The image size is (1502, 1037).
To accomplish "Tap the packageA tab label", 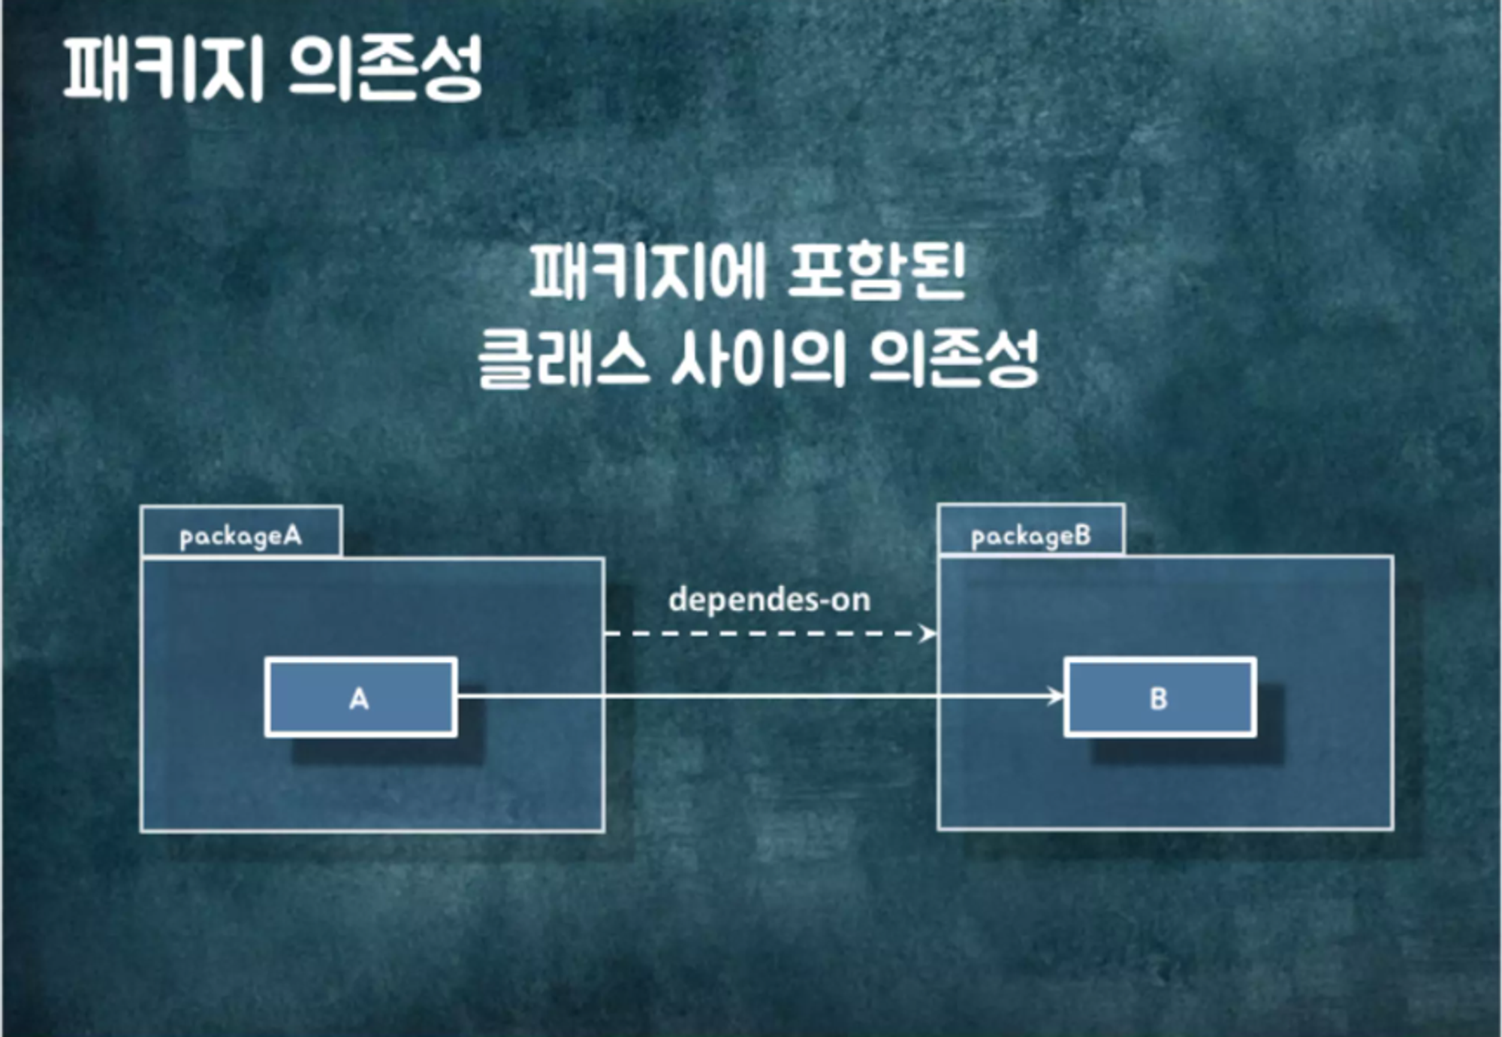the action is [241, 536].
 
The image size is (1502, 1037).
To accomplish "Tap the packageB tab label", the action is [1030, 536].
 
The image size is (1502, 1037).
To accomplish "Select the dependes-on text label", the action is [769, 600].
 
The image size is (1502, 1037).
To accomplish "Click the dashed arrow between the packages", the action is [766, 633].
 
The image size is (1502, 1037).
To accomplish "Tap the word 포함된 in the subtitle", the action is [876, 272].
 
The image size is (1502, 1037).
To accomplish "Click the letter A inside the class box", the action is [359, 699].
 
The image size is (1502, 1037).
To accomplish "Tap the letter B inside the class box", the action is [1158, 699].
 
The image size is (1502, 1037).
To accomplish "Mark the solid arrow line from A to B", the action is [751, 697].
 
